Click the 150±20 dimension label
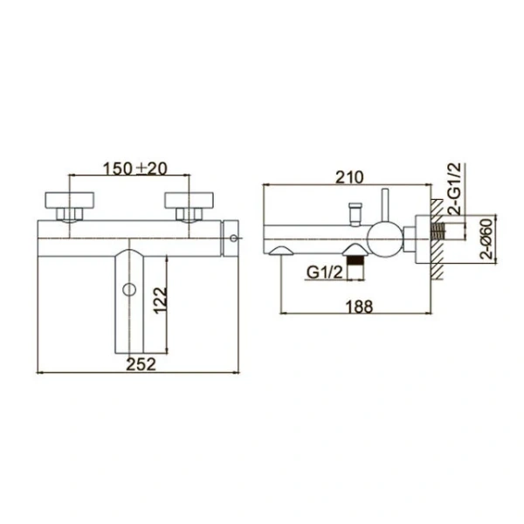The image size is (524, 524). [x=134, y=169]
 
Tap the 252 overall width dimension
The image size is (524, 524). [x=141, y=364]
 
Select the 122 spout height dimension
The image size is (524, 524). [x=161, y=300]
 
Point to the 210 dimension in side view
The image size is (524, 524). [x=348, y=177]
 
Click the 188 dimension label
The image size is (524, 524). [x=359, y=307]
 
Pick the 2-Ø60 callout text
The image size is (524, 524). [x=486, y=238]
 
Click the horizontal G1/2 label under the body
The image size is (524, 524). [x=325, y=272]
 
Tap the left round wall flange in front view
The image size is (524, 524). [x=70, y=200]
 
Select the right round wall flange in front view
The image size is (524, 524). [x=189, y=200]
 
